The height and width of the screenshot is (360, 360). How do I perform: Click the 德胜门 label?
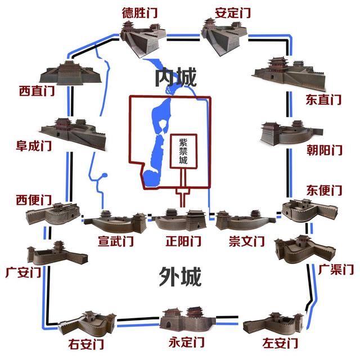139,12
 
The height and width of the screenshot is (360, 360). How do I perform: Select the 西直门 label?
37,91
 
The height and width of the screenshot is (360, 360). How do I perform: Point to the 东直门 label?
323,100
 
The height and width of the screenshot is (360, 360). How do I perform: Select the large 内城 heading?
177,78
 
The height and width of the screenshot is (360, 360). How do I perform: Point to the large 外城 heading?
179,276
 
